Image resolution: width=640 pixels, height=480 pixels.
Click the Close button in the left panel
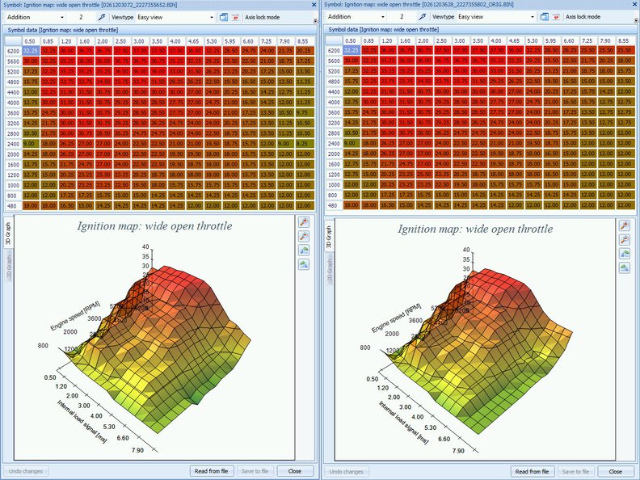(295, 471)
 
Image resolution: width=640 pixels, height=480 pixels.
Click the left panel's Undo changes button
(26, 471)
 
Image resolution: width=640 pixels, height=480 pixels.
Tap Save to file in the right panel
(576, 471)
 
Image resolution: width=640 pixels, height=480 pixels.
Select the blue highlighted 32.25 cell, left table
(32, 50)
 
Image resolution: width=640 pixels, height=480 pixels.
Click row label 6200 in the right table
(334, 50)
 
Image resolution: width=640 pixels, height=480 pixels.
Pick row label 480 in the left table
(12, 205)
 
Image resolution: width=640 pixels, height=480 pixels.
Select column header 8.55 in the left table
(302, 40)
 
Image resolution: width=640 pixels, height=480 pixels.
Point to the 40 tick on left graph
(146, 246)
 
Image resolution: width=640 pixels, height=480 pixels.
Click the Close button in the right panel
(616, 471)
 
